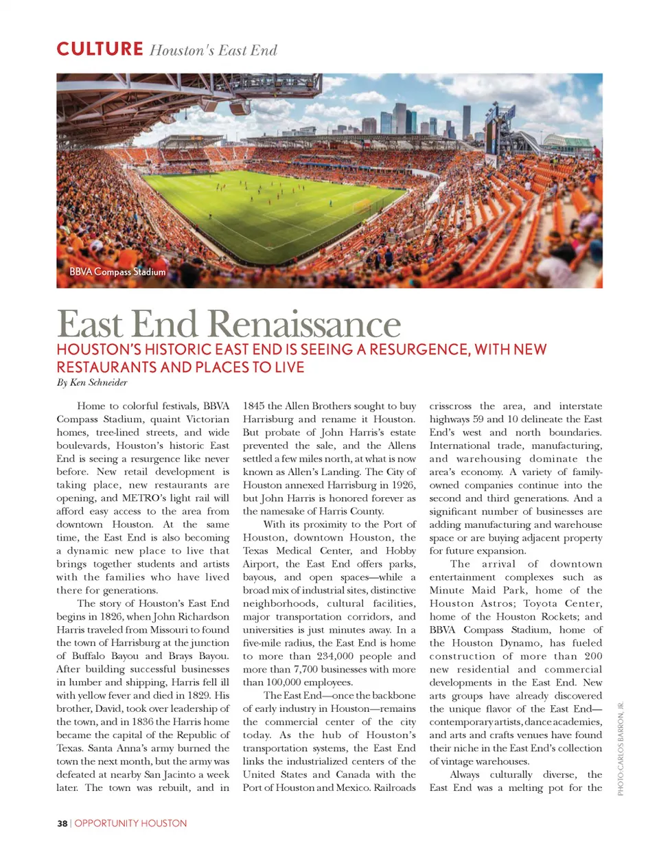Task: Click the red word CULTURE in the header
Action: (100, 49)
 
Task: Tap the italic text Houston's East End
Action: (213, 50)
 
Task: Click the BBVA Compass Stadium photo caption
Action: (117, 272)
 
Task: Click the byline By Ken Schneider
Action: (92, 382)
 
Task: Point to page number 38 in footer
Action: (62, 823)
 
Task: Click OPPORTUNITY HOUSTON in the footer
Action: (130, 823)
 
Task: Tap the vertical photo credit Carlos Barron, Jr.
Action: (621, 748)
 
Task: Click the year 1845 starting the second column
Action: (253, 406)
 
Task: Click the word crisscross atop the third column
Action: (450, 406)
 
